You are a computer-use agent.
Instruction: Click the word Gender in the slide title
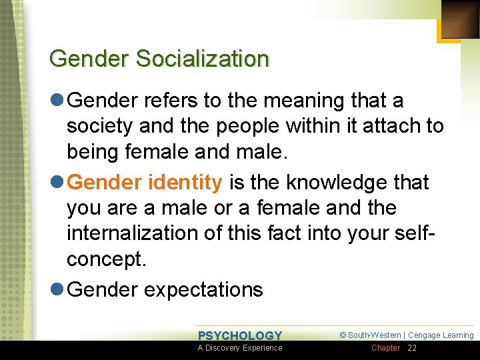coord(90,59)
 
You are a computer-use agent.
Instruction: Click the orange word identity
coord(190,182)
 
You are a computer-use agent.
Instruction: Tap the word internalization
coord(137,234)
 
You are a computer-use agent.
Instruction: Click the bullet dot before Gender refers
coord(57,101)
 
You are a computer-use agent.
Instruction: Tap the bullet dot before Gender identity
coord(57,182)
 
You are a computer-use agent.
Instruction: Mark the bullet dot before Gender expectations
coord(57,290)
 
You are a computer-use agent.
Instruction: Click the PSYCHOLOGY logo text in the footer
coord(240,335)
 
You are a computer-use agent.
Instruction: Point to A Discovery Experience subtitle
coord(240,348)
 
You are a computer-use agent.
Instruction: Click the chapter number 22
coord(412,348)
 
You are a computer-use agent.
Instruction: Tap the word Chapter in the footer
coord(385,348)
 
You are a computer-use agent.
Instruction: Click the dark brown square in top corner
coord(460,19)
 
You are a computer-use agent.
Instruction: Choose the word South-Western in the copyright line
coord(375,335)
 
